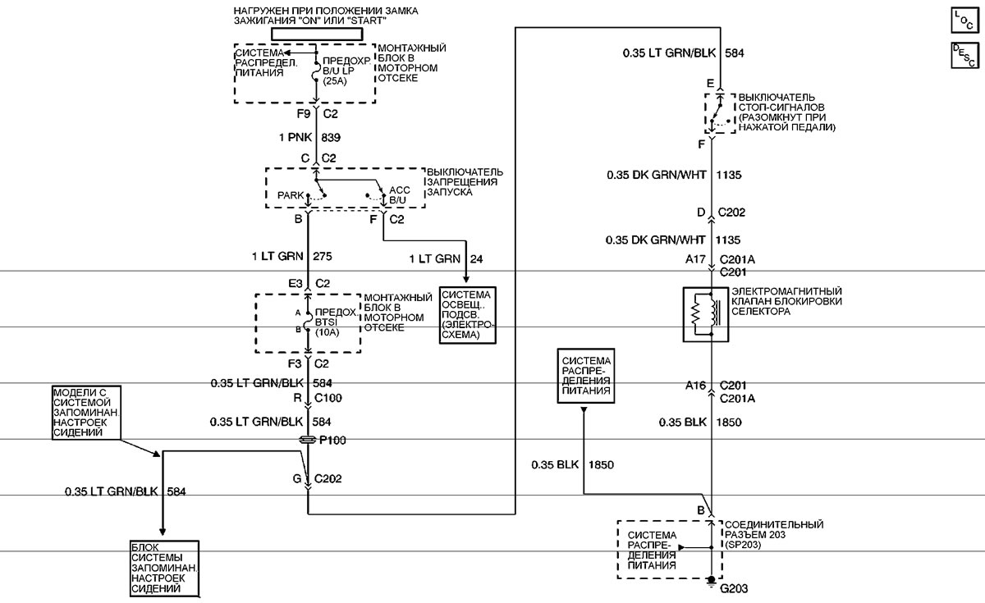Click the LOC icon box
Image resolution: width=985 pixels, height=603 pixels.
pos(964,20)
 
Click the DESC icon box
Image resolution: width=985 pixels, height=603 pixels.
pos(964,56)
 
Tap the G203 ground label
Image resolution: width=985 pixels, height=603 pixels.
pos(734,588)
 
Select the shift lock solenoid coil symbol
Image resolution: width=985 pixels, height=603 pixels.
pos(705,315)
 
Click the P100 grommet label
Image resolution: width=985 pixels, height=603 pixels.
pos(332,440)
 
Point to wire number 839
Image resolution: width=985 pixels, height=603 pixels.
pos(331,138)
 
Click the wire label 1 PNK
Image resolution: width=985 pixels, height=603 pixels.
pos(295,138)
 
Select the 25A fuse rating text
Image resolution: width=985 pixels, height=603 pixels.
pos(335,81)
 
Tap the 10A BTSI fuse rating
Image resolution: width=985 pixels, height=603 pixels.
pos(328,332)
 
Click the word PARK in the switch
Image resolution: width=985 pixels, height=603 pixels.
pos(291,195)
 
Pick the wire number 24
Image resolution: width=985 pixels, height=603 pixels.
pos(476,259)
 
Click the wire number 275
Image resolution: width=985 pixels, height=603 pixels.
pos(323,256)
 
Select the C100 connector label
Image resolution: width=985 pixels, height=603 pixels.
pos(328,398)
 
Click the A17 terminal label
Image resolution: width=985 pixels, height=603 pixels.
pos(695,259)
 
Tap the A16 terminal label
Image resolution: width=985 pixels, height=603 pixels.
pos(695,386)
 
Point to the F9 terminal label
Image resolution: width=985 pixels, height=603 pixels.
pos(304,114)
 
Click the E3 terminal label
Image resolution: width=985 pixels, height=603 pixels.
pos(295,284)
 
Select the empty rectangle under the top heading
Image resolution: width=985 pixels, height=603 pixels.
pos(317,34)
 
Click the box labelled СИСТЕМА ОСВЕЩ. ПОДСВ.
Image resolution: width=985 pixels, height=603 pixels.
pos(467,315)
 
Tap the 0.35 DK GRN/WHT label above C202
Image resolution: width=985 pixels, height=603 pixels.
pos(656,175)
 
